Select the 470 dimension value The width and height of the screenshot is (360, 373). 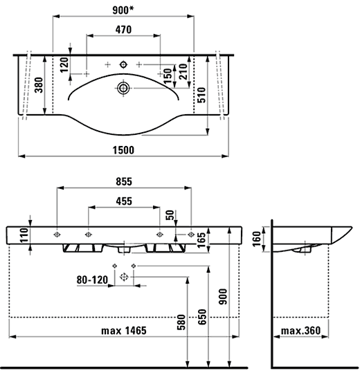click(x=125, y=30)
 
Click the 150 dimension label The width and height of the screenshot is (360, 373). click(x=168, y=74)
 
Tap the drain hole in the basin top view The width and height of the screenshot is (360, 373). click(x=124, y=88)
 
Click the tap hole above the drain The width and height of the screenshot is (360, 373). click(x=124, y=64)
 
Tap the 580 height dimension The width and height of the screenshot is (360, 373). click(x=181, y=322)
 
